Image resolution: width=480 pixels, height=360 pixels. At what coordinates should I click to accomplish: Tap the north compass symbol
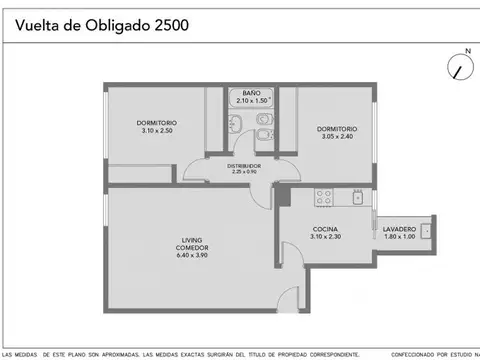point(460,66)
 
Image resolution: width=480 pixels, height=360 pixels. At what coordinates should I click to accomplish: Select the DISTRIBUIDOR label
point(244,165)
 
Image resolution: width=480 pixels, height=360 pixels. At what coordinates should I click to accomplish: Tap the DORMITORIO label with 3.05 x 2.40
point(337,128)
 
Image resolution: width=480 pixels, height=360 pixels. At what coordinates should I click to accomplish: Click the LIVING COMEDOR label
point(192,243)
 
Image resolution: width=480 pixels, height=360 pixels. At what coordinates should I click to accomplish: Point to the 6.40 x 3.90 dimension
point(192,255)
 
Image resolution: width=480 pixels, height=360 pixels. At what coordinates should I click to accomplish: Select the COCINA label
point(326,229)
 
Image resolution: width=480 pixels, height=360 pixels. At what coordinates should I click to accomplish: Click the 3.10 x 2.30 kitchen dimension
point(326,238)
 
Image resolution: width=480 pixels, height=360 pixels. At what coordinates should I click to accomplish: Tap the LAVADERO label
point(399,229)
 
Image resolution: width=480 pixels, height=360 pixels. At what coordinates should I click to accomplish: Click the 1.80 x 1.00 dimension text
point(399,238)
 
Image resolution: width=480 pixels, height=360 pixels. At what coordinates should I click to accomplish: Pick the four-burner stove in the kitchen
point(324,196)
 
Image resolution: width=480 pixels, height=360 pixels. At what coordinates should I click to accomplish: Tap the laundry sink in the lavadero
point(426,231)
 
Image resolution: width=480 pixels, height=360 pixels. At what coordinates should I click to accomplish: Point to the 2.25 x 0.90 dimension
point(244,172)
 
